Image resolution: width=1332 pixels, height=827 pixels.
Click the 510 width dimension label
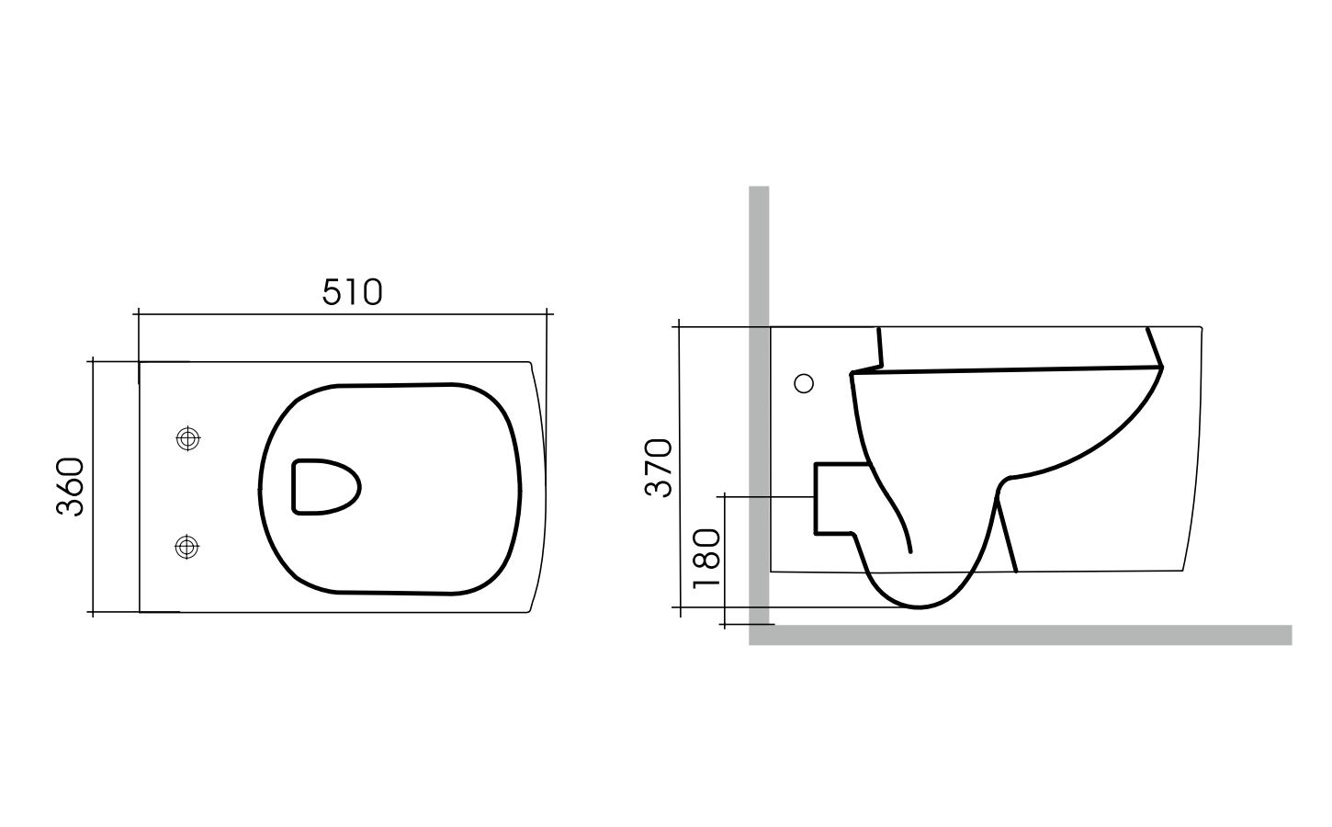pyautogui.click(x=352, y=292)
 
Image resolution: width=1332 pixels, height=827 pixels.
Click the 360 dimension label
pyautogui.click(x=72, y=487)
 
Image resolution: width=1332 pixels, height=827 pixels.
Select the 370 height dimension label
pyautogui.click(x=659, y=468)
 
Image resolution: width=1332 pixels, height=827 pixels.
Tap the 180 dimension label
pyautogui.click(x=706, y=561)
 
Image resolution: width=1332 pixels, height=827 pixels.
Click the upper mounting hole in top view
pyautogui.click(x=187, y=439)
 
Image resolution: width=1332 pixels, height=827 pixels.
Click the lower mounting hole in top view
pyautogui.click(x=187, y=547)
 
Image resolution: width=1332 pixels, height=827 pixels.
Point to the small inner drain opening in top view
pyautogui.click(x=325, y=486)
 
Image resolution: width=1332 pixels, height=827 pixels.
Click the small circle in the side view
pyautogui.click(x=804, y=384)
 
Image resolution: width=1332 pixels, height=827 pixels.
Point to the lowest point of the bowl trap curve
pyautogui.click(x=919, y=606)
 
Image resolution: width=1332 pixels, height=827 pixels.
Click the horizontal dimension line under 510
pyautogui.click(x=342, y=314)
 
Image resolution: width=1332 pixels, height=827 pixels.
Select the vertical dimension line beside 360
pyautogui.click(x=93, y=487)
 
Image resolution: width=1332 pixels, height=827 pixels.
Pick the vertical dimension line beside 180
pyautogui.click(x=726, y=561)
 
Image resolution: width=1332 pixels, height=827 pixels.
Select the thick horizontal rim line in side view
pyautogui.click(x=1010, y=369)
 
